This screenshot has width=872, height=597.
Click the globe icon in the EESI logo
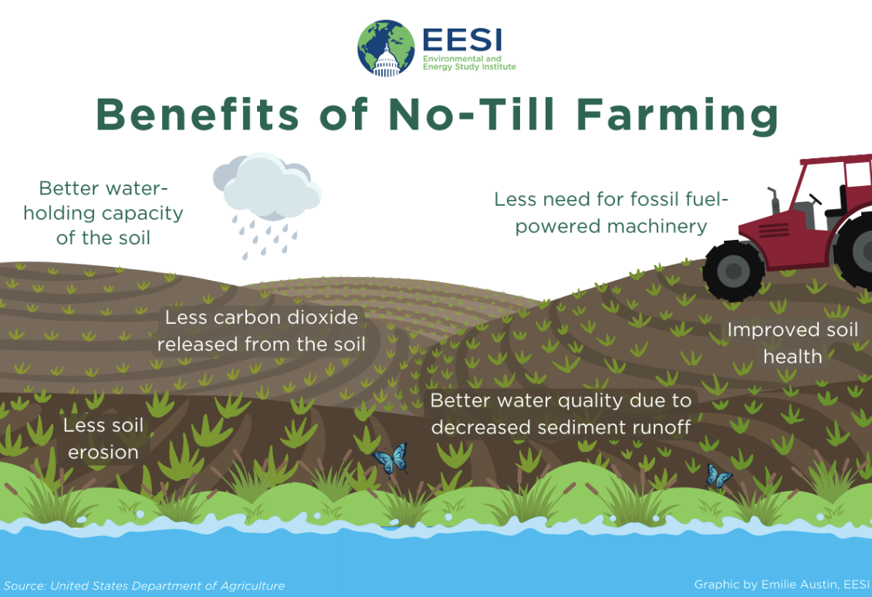coord(386,49)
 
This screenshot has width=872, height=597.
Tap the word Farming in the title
coord(677,116)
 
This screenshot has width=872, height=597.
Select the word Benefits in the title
coord(198,114)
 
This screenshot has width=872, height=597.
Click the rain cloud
coord(268,186)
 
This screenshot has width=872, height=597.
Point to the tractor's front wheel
coord(734,271)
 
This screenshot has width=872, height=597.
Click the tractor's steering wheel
coord(815,198)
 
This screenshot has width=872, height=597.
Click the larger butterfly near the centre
coord(390,459)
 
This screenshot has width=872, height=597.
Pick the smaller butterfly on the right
coord(718,477)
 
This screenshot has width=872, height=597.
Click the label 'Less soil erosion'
coord(103,439)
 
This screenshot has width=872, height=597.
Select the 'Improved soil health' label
coord(793,343)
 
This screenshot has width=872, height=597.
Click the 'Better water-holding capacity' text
coord(103,213)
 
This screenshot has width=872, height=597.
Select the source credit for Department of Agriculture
coord(144,585)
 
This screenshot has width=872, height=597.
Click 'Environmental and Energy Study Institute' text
coord(469,62)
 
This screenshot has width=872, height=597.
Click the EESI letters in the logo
coord(462,39)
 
